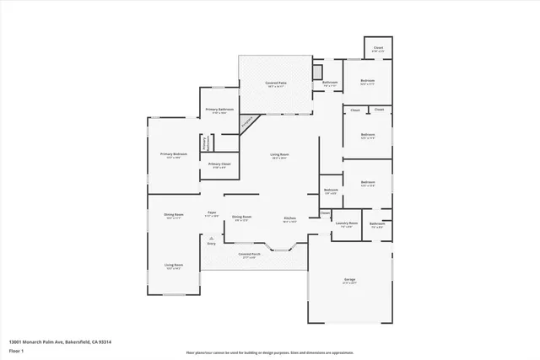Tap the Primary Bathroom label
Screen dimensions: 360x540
pos(220,110)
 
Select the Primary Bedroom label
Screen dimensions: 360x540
pos(174,155)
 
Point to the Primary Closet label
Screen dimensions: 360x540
pos(220,164)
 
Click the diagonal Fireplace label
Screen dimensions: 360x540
pos(248,124)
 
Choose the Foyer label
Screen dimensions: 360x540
pos(212,214)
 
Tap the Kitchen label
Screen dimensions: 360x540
pos(289,218)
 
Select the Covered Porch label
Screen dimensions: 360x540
pos(249,255)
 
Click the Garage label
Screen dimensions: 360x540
pos(349,281)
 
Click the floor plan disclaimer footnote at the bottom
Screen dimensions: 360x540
pos(270,353)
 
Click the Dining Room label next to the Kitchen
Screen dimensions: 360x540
pos(241,218)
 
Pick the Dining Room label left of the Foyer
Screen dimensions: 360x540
pos(174,216)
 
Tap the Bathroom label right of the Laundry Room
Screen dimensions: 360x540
pos(376,225)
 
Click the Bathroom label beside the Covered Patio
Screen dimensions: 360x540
pos(330,84)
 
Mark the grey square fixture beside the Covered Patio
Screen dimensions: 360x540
pos(317,71)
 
